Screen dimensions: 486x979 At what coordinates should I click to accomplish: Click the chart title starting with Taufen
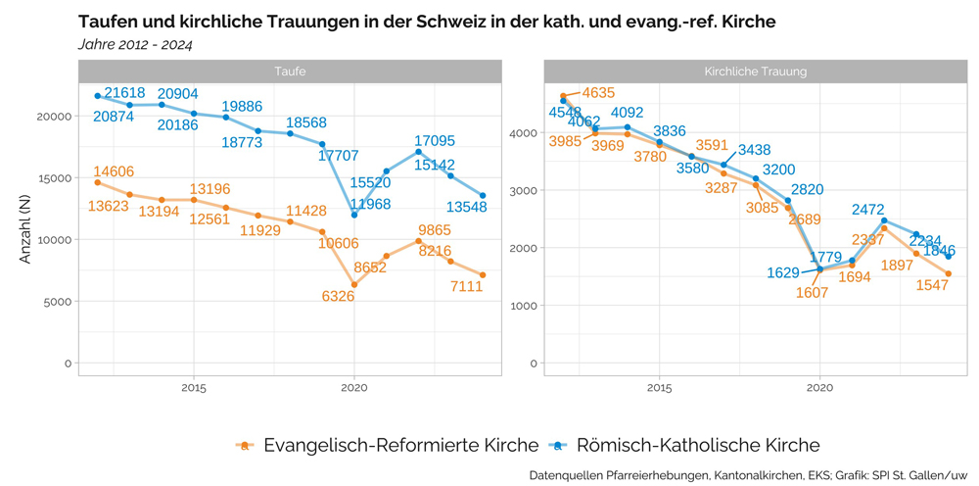pos(426,22)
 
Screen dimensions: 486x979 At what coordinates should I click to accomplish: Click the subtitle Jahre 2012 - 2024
pos(134,44)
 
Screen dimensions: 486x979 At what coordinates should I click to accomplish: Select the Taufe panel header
pos(290,72)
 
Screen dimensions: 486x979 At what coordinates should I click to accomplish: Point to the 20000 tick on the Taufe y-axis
pos(55,116)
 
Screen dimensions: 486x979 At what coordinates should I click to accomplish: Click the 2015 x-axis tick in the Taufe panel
pos(193,387)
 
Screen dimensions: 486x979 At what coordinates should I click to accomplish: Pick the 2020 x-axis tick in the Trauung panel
pos(819,387)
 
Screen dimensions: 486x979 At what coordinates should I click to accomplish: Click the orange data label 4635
pos(598,93)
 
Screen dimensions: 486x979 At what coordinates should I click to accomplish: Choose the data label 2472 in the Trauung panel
pos(867,209)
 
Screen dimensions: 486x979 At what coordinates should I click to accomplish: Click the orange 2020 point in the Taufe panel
pos(354,285)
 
